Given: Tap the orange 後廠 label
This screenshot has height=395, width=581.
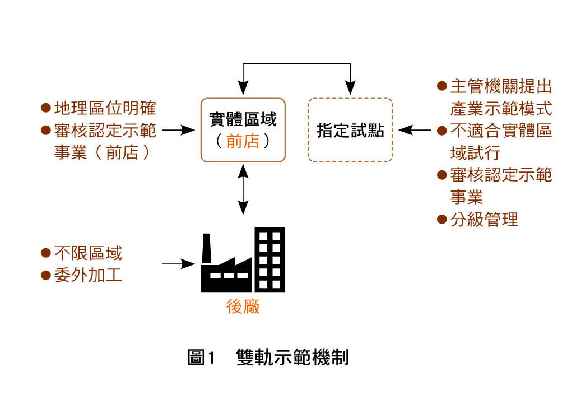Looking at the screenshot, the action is pyautogui.click(x=243, y=307).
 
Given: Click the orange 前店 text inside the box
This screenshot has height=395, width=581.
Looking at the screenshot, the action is pyautogui.click(x=243, y=141).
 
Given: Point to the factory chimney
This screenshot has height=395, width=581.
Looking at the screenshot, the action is pyautogui.click(x=206, y=248).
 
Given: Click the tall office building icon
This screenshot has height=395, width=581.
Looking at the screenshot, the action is pyautogui.click(x=269, y=260).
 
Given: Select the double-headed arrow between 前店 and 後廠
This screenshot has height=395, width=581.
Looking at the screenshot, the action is pyautogui.click(x=243, y=189).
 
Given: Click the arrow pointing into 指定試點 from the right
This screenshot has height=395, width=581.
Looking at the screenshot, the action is pyautogui.click(x=415, y=130).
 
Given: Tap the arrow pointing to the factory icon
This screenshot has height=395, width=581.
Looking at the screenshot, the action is pyautogui.click(x=178, y=264).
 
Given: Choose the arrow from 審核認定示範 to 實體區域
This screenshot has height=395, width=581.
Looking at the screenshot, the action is pyautogui.click(x=178, y=130).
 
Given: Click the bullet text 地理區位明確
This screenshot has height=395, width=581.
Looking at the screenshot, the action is pyautogui.click(x=105, y=108).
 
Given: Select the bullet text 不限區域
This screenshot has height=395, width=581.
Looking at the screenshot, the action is pyautogui.click(x=88, y=253).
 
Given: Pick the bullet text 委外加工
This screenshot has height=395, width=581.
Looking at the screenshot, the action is pyautogui.click(x=88, y=275).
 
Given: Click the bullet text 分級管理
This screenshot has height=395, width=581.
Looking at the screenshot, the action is pyautogui.click(x=484, y=220).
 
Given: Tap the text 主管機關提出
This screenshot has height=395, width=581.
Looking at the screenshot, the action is pyautogui.click(x=501, y=86).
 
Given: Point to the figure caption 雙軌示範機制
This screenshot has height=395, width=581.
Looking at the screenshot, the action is pyautogui.click(x=292, y=357).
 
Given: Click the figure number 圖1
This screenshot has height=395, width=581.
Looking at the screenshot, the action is pyautogui.click(x=201, y=357).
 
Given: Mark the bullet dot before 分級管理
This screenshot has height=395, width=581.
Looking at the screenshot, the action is pyautogui.click(x=441, y=220).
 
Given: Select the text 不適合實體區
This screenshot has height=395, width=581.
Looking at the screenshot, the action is pyautogui.click(x=501, y=131).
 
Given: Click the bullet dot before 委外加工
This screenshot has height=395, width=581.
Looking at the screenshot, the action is pyautogui.click(x=45, y=275).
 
